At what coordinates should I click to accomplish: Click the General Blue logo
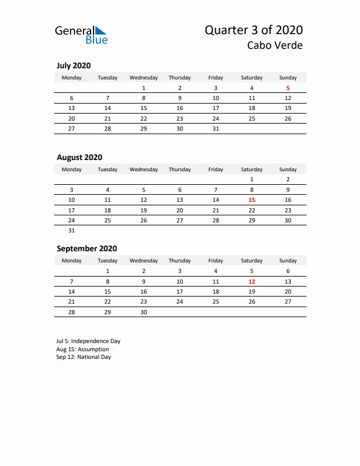81,35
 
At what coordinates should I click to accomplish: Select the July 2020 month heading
74,65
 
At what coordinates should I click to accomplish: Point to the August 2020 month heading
79,157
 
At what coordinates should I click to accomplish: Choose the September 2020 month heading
86,248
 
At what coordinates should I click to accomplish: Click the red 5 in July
288,88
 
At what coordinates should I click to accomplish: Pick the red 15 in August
252,200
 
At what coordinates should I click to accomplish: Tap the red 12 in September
252,281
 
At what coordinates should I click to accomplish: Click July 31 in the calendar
216,128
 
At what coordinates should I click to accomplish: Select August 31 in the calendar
72,230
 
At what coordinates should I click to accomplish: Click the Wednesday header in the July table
144,78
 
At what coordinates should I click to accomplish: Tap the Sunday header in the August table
288,169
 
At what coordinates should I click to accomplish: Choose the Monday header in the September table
72,261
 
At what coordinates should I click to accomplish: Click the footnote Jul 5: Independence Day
88,341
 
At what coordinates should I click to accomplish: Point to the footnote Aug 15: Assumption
83,349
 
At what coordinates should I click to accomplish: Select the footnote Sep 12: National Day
84,357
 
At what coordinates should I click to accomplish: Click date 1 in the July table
144,88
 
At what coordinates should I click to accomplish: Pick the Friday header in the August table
216,169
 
